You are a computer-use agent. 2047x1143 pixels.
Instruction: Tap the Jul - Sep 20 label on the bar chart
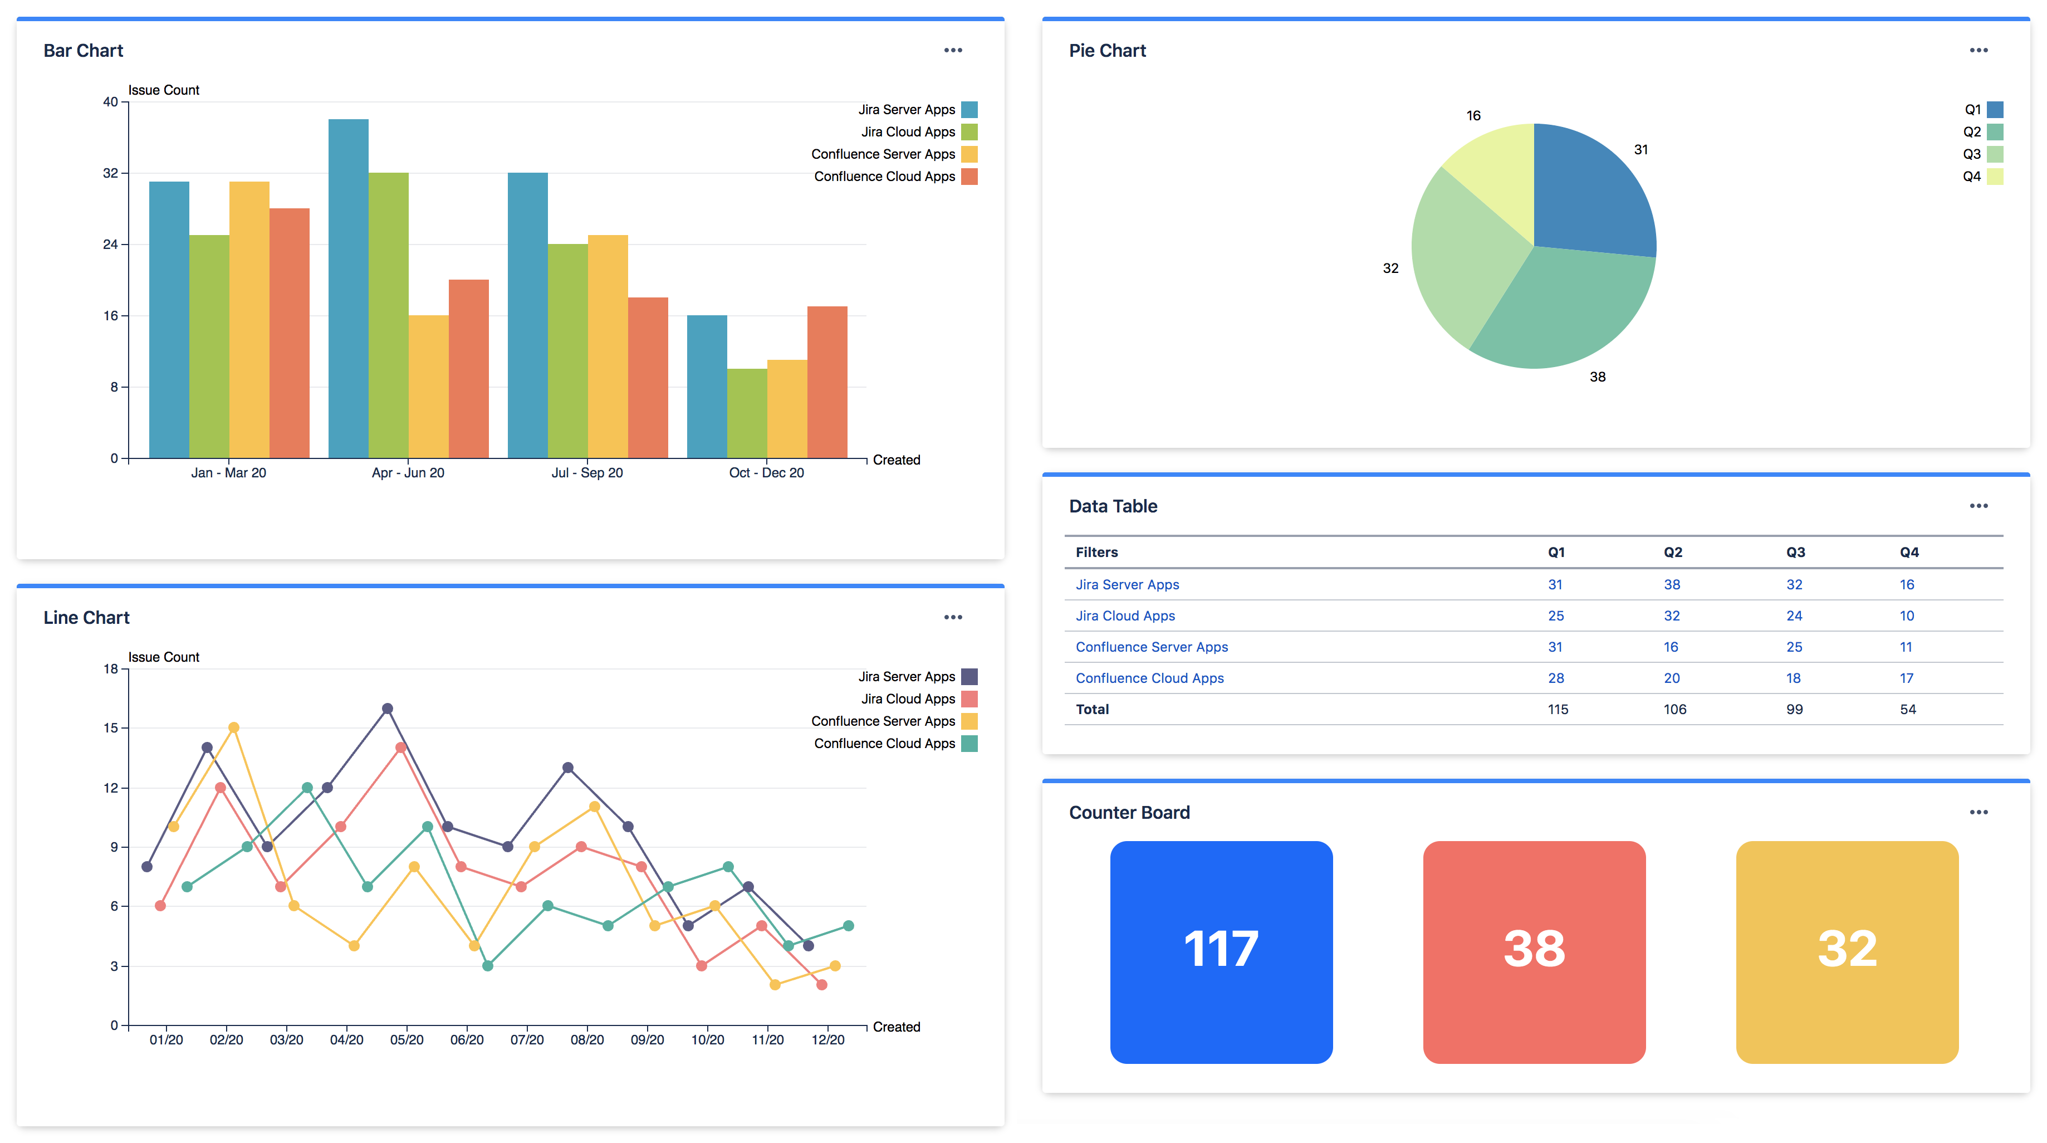tap(587, 473)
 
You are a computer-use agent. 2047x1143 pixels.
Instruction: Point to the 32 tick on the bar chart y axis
tap(110, 173)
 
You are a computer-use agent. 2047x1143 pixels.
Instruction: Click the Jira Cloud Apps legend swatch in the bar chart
tap(969, 132)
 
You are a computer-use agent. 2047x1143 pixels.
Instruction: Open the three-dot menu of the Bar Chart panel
tap(953, 50)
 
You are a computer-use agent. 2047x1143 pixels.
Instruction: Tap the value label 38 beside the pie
tap(1597, 377)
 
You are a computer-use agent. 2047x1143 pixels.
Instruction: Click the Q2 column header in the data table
tap(1673, 553)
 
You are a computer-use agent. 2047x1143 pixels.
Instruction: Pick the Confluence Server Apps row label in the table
tap(1152, 647)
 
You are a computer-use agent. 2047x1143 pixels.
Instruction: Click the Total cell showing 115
tap(1558, 709)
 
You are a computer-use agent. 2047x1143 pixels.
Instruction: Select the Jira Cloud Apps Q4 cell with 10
tap(1906, 616)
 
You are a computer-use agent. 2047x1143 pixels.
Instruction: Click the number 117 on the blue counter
tap(1221, 949)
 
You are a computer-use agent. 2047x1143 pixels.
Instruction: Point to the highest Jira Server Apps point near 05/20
tap(387, 708)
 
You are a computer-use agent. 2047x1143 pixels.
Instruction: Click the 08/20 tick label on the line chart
tap(587, 1039)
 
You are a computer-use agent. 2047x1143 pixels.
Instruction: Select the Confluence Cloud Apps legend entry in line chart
tap(884, 743)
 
